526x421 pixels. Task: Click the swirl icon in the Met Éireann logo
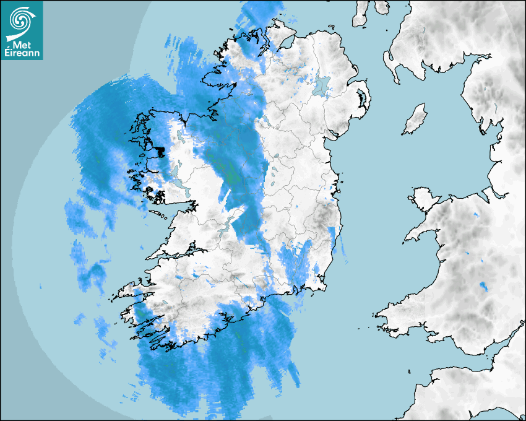coord(22,20)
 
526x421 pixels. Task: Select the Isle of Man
coord(415,119)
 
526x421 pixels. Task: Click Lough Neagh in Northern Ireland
coord(321,85)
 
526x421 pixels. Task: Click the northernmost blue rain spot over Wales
coord(475,215)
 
